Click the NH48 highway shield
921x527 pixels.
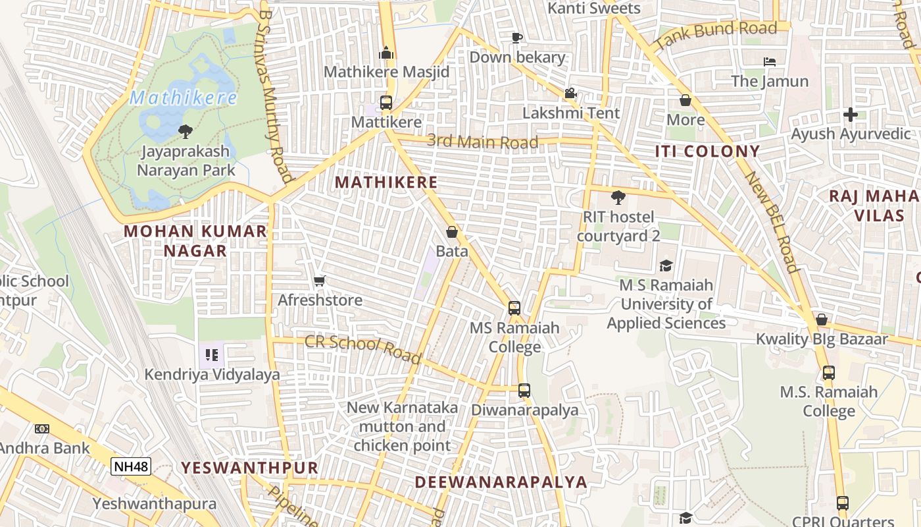(x=131, y=466)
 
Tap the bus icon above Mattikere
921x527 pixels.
(x=386, y=103)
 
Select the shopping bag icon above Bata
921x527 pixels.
(x=452, y=232)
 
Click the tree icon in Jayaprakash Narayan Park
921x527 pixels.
(x=186, y=131)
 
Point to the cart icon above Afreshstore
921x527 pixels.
(x=320, y=281)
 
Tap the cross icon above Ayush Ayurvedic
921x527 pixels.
(x=851, y=115)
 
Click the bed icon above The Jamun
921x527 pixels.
(x=770, y=62)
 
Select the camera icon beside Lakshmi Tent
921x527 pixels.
(x=570, y=94)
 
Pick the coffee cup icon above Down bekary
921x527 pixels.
(x=517, y=38)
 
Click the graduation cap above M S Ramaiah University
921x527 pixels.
(x=666, y=265)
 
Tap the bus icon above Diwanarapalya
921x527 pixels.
(x=524, y=390)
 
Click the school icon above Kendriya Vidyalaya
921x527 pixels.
(x=212, y=356)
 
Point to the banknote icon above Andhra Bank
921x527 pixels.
(x=42, y=429)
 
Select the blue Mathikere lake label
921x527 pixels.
(x=183, y=98)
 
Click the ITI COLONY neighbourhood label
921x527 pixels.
(x=707, y=151)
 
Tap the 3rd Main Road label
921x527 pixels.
(x=482, y=141)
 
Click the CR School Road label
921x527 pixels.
(x=362, y=348)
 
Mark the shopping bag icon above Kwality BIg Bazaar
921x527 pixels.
(x=822, y=319)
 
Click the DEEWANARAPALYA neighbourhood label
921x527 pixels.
(x=501, y=482)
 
